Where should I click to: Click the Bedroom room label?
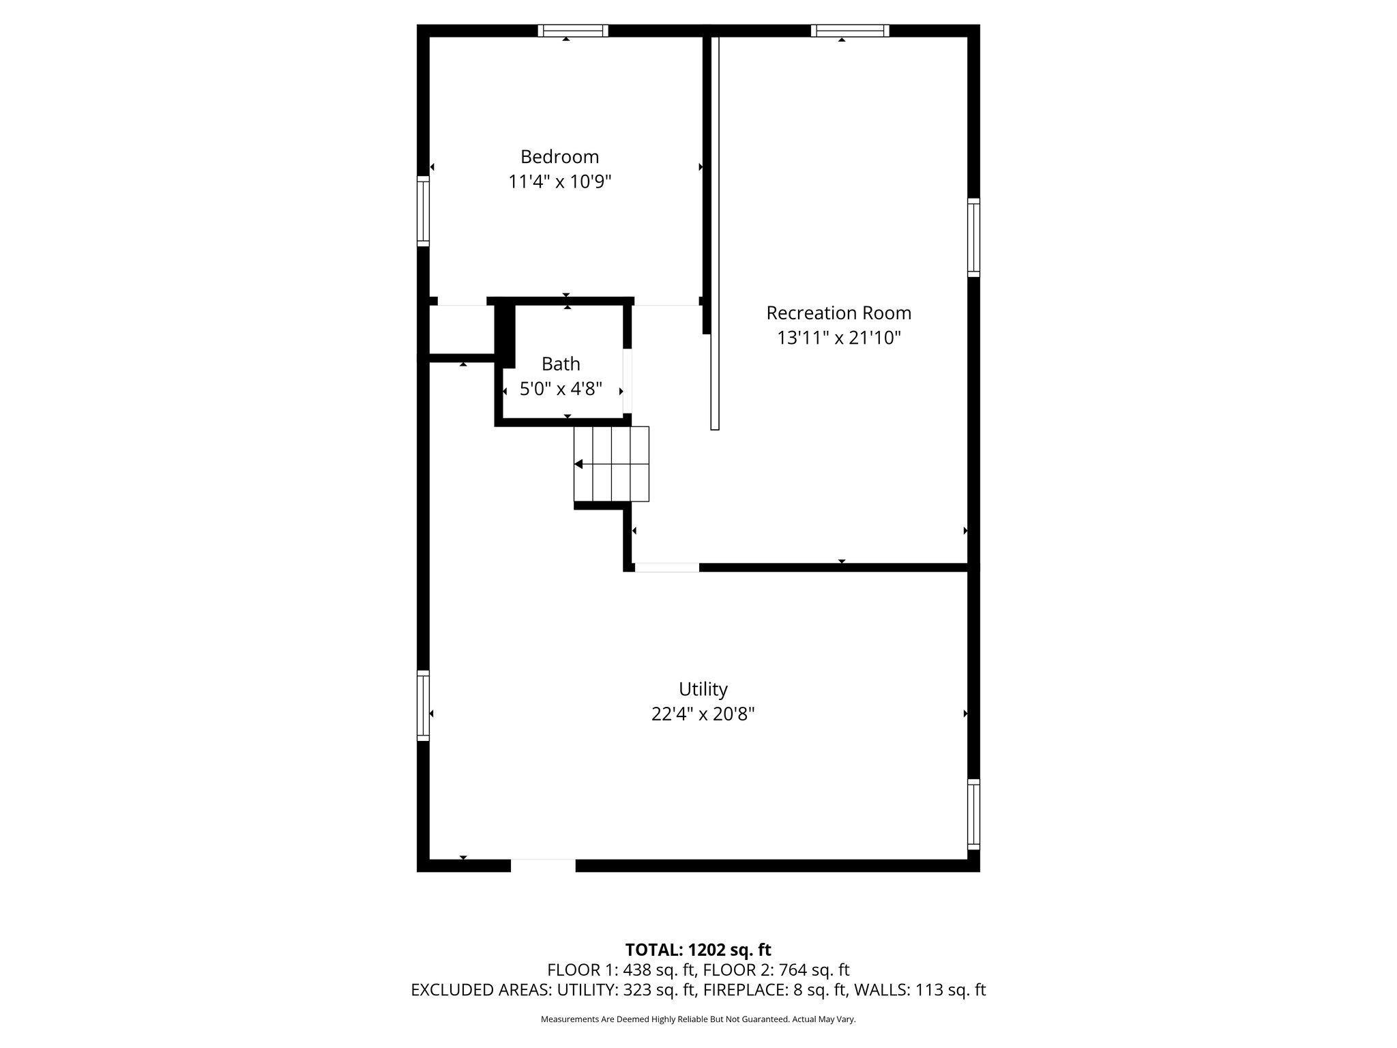559,157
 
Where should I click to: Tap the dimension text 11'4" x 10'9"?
559,182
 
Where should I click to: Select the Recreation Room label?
838,313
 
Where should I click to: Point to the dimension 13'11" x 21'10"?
839,338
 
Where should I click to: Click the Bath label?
561,364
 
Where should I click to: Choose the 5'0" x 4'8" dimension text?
561,390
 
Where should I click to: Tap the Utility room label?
703,689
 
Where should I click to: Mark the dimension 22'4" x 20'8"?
703,714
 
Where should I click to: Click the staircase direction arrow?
578,465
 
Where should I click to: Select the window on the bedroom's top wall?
572,31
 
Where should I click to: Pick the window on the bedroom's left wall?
424,211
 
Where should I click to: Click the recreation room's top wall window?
849,31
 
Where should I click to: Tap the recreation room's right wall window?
973,237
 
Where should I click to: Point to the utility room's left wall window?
424,705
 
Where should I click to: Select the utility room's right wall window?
973,814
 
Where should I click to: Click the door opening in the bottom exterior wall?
543,865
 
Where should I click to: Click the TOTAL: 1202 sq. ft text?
698,950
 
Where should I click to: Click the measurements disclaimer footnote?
698,1019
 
